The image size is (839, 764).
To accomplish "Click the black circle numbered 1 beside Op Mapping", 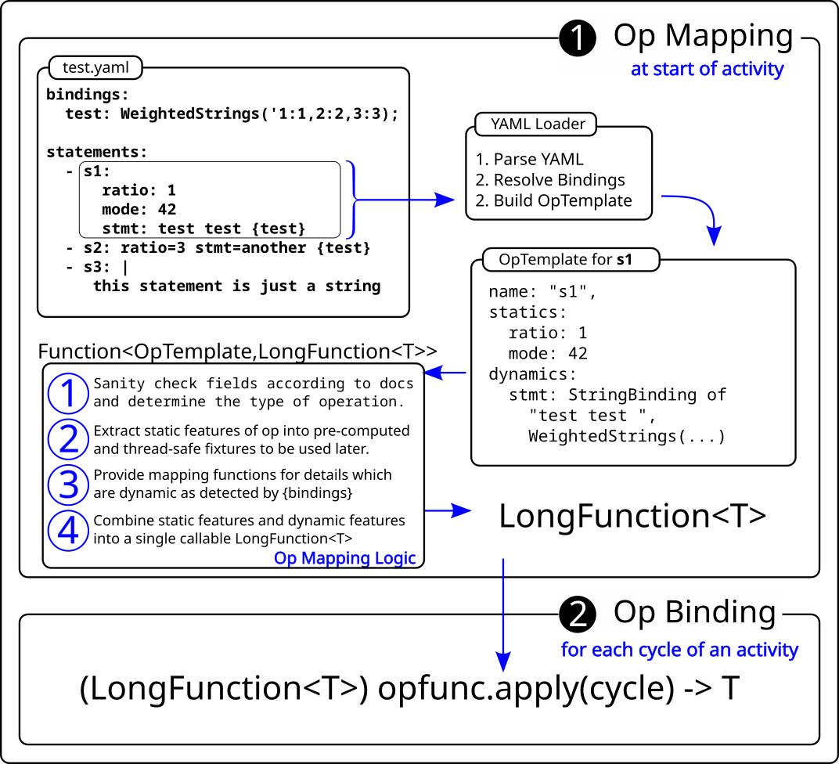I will click(x=578, y=38).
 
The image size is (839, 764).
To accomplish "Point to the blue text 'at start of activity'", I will click(x=707, y=69).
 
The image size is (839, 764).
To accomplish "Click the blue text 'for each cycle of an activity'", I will click(x=679, y=650).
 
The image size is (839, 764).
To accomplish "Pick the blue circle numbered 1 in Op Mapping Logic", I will click(x=68, y=393).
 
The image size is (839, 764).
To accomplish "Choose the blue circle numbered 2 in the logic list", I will click(x=68, y=439).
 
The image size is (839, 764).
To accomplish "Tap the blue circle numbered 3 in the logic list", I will click(x=68, y=485).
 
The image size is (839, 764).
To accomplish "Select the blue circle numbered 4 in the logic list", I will click(x=68, y=530).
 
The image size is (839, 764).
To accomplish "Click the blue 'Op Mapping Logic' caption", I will click(x=344, y=558).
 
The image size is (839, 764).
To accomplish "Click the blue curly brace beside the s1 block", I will click(x=354, y=200).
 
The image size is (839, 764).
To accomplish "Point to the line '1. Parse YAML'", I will click(x=529, y=160).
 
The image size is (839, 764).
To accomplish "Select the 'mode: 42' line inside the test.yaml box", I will click(x=139, y=210).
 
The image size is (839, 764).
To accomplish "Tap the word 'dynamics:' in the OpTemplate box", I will click(x=532, y=374).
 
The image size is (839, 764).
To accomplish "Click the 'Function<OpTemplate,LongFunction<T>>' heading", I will click(x=237, y=351).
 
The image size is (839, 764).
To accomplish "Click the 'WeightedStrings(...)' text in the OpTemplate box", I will click(x=626, y=436).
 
